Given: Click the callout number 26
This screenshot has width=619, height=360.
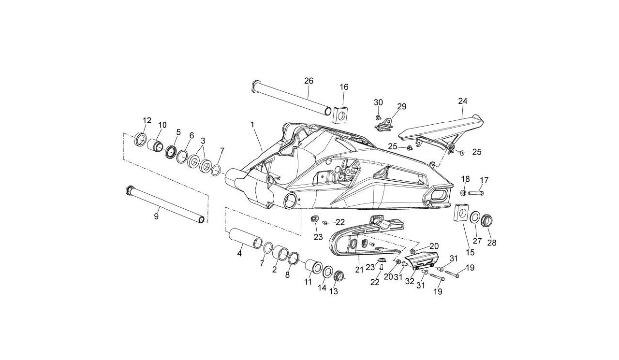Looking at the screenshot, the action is (x=309, y=81).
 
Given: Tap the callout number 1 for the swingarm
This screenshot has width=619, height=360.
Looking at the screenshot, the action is (x=252, y=125).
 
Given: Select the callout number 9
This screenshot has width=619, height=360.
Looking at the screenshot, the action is (x=156, y=216).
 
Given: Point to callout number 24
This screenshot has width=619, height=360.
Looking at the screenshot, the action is (x=463, y=101).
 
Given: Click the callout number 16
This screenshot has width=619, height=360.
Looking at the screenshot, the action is (x=344, y=87).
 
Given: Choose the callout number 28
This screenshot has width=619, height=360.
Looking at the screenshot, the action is (x=492, y=243).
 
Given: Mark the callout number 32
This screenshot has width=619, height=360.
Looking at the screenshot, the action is (x=410, y=282).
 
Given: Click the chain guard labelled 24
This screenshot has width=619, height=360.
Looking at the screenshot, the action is (x=442, y=132).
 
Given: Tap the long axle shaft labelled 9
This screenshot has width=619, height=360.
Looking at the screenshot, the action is (x=165, y=204).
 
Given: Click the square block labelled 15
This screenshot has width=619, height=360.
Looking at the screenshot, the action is (x=461, y=213).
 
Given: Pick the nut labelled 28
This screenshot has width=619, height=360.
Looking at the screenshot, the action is (x=486, y=220).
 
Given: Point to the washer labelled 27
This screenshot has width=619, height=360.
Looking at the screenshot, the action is (x=475, y=216).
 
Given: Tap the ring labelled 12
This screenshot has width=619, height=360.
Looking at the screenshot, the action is (x=140, y=140).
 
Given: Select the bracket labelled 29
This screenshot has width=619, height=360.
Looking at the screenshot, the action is (x=384, y=126).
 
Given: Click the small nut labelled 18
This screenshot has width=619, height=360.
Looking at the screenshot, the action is (x=463, y=193).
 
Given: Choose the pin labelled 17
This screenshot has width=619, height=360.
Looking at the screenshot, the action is (x=475, y=193).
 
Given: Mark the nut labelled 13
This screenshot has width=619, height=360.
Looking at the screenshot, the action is (x=339, y=276).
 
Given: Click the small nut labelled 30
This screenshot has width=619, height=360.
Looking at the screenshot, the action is (x=378, y=118).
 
